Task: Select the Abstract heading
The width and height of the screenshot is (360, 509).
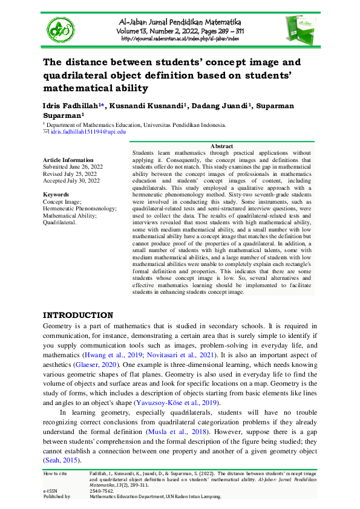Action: [221, 146]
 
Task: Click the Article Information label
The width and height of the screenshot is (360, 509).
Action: [68, 160]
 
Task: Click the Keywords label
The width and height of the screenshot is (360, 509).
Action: [56, 195]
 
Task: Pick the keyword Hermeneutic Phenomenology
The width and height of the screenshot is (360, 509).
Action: [80, 208]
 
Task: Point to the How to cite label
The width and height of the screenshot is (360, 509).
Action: [56, 473]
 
